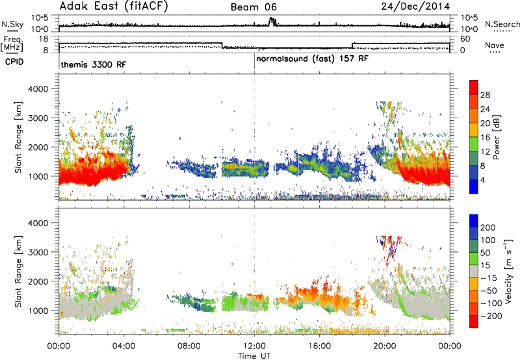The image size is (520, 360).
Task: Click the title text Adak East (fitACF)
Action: (113, 6)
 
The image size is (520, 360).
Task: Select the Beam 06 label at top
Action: (253, 7)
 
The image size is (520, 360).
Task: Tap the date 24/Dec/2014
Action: (415, 6)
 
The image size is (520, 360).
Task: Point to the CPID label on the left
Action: (14, 62)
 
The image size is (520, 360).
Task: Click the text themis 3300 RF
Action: (94, 64)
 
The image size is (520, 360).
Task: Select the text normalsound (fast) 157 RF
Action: (312, 59)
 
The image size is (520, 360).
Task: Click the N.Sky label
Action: (12, 24)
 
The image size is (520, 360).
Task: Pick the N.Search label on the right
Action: (502, 24)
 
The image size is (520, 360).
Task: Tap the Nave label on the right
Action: (495, 45)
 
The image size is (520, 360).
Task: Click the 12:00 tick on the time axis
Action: (254, 346)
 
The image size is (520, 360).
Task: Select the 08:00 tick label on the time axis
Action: (189, 346)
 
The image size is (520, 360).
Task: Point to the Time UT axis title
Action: (254, 356)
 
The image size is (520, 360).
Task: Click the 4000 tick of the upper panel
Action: (38, 89)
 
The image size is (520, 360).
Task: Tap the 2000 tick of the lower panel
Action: (38, 281)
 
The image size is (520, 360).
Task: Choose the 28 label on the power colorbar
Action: (485, 95)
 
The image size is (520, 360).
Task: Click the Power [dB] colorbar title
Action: (496, 137)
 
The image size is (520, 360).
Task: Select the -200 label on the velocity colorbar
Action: (492, 316)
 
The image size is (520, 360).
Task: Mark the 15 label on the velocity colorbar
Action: (485, 265)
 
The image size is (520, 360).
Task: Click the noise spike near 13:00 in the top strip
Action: (272, 21)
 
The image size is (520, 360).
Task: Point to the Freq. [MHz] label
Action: (12, 44)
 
